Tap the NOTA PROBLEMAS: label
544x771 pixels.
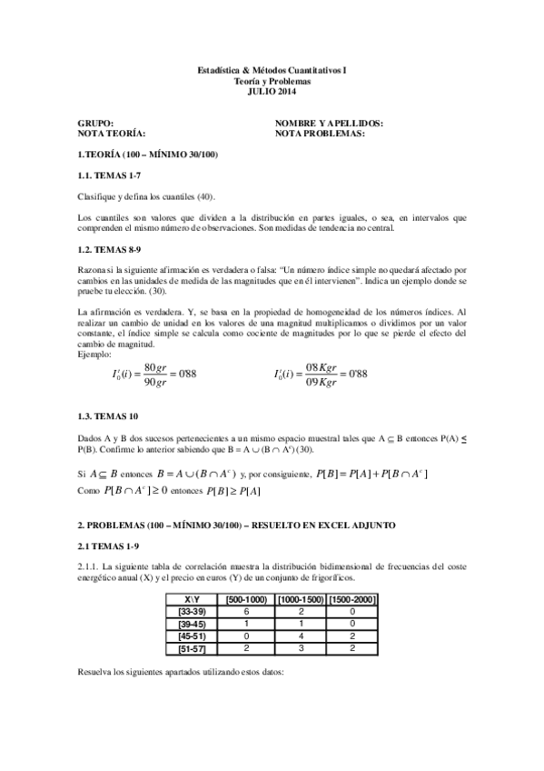(320, 133)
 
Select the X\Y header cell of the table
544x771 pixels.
(193, 600)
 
